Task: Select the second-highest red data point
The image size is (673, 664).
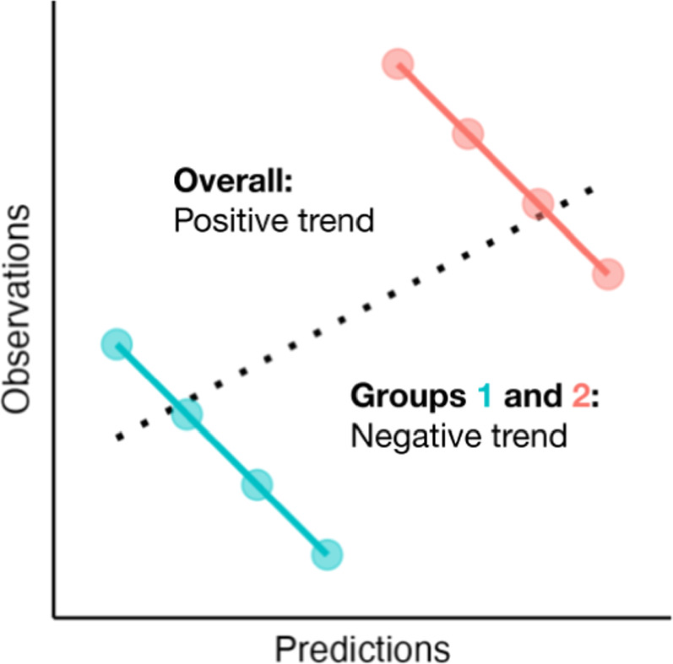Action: click(x=467, y=133)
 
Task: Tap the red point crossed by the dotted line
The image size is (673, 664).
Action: click(x=537, y=203)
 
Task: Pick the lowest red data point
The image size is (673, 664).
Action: click(x=607, y=273)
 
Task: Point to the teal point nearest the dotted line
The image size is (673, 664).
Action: click(x=187, y=414)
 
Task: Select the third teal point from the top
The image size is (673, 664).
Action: click(x=257, y=484)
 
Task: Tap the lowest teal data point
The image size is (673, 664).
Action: click(x=327, y=554)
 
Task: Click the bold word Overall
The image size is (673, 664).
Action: click(x=231, y=181)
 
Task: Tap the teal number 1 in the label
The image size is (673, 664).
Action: click(x=484, y=396)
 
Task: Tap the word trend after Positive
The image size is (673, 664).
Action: click(x=332, y=222)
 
